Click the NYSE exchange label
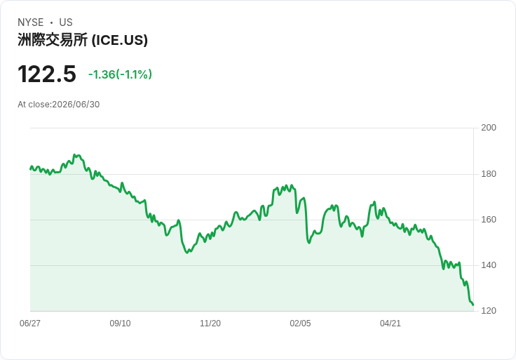[31, 22]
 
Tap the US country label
[66, 22]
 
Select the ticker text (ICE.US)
[119, 40]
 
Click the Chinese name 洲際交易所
[53, 40]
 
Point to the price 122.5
[47, 74]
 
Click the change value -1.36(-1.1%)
[120, 74]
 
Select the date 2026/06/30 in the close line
[76, 105]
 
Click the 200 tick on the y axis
[489, 128]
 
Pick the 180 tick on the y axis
[489, 174]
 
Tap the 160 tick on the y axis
[489, 220]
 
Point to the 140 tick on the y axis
[489, 265]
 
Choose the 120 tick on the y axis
[489, 311]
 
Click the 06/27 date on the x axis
[30, 324]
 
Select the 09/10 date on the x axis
[120, 324]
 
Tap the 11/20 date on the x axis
[210, 324]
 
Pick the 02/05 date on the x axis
[300, 324]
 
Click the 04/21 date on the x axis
[391, 324]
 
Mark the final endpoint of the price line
[473, 305]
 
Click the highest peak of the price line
[75, 154]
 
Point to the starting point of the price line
[31, 169]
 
